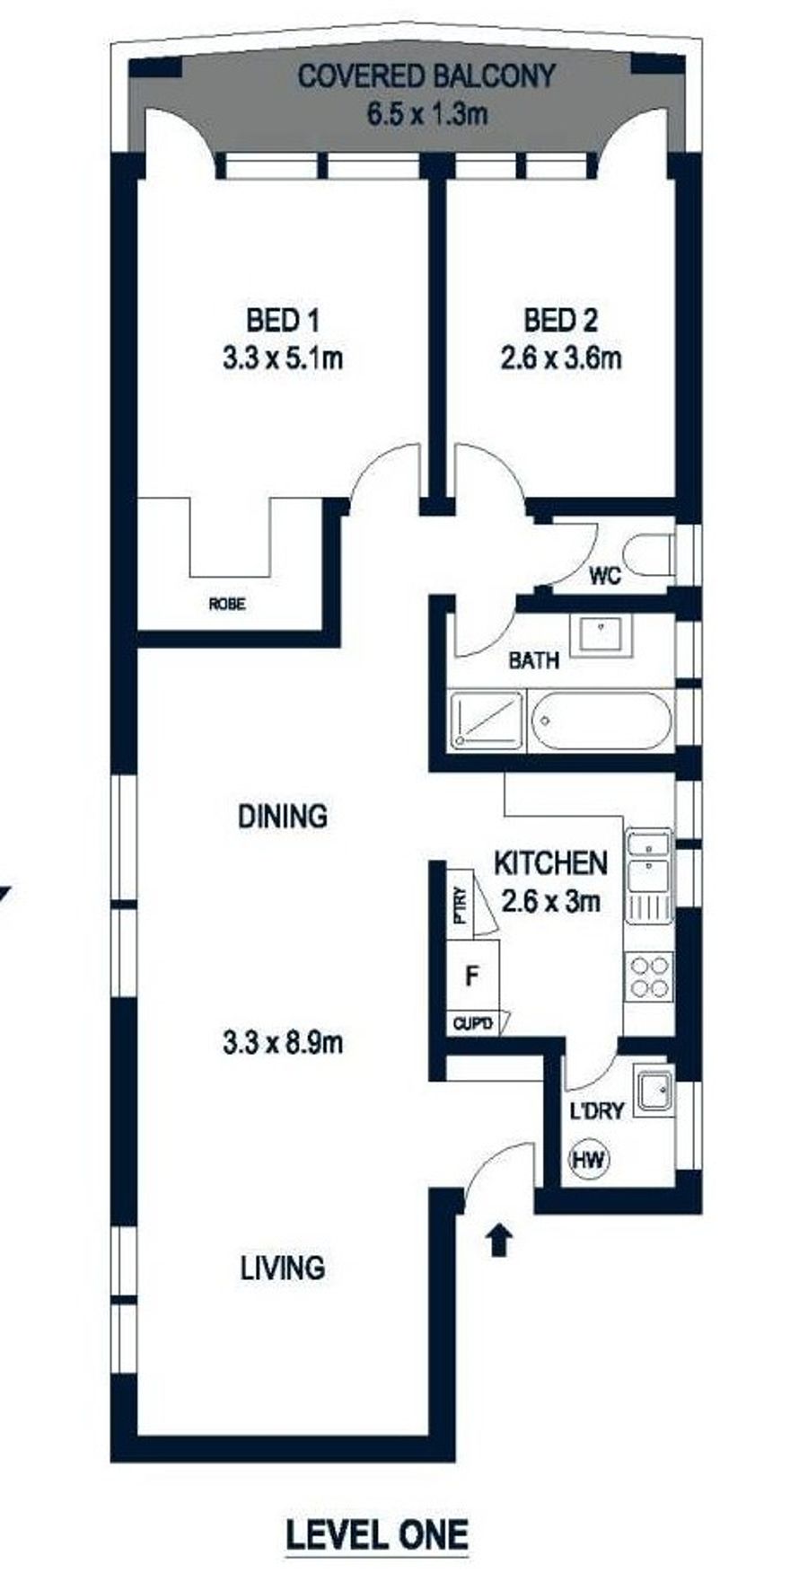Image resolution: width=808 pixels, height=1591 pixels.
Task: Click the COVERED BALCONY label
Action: tap(426, 76)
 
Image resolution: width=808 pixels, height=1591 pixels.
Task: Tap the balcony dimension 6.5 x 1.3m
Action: tap(427, 114)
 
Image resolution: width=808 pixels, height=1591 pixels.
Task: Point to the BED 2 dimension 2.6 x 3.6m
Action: tap(561, 358)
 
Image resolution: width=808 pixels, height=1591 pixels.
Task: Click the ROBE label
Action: tap(227, 605)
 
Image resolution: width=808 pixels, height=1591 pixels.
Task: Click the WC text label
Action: tap(605, 576)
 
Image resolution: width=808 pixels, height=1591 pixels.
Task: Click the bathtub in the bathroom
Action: tap(601, 720)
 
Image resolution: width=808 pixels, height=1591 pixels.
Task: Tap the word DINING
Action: tap(283, 817)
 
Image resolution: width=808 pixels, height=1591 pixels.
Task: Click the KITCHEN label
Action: tap(551, 863)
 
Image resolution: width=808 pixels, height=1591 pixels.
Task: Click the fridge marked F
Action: tap(472, 976)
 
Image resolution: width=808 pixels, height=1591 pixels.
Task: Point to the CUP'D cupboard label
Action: tap(473, 1022)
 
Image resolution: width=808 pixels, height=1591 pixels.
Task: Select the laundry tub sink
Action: tap(654, 1090)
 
